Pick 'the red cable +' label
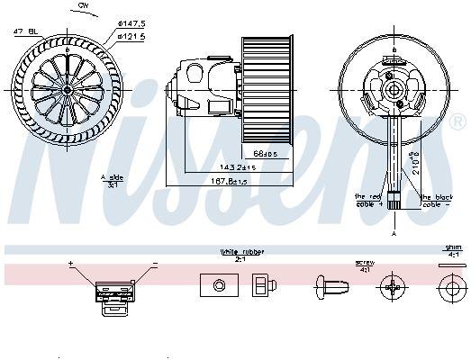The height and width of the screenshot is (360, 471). [368, 200]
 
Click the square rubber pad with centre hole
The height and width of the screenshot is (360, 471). [217, 286]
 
